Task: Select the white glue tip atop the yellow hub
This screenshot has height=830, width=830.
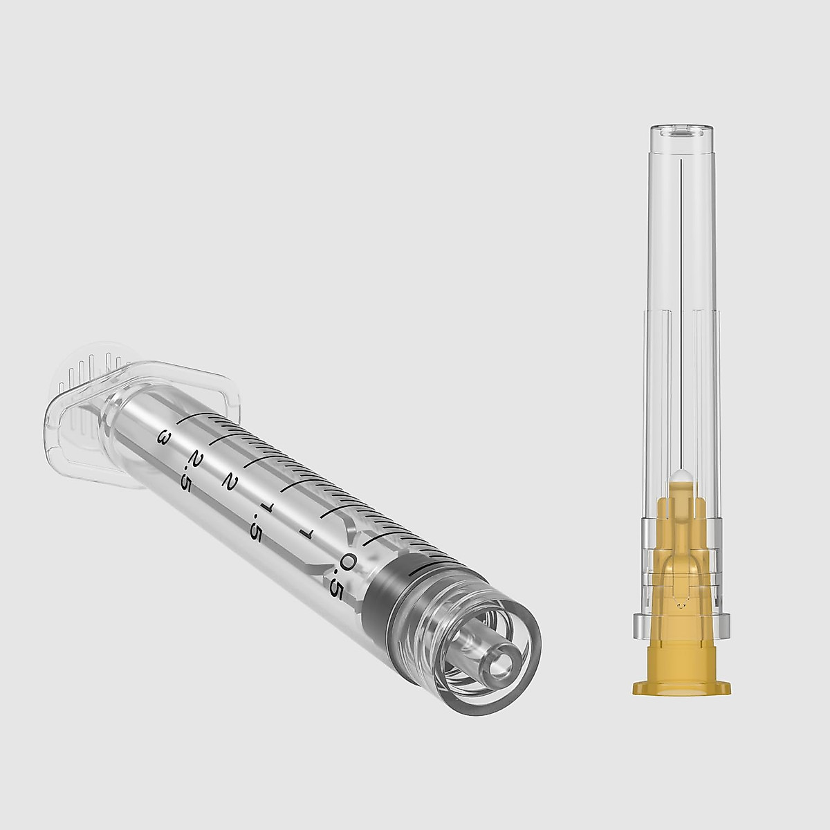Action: click(682, 477)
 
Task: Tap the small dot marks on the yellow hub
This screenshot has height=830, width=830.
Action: click(682, 602)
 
